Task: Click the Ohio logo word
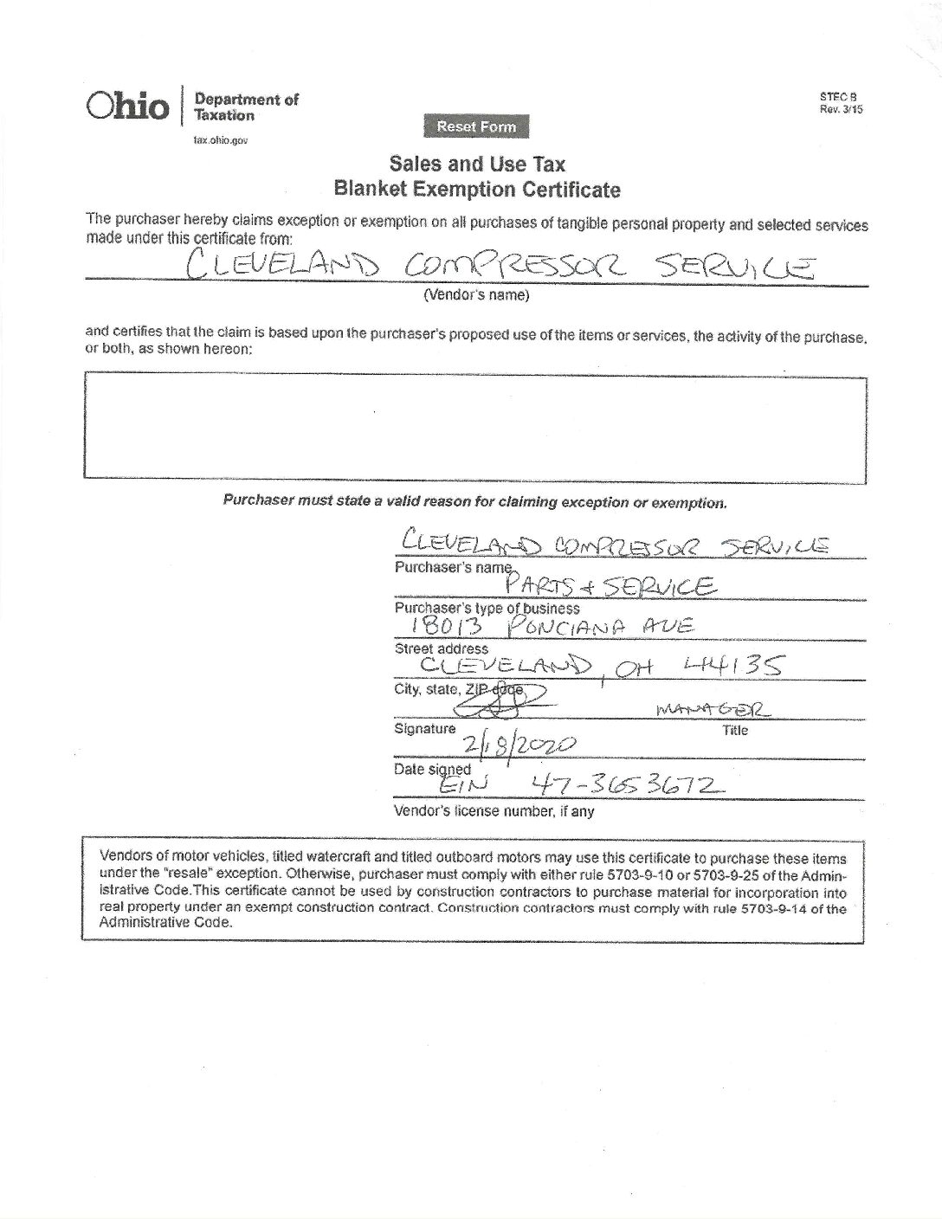[x=126, y=106]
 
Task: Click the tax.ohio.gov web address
[x=221, y=140]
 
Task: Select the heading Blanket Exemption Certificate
[x=477, y=189]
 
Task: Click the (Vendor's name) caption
[x=475, y=295]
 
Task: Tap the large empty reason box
[x=474, y=426]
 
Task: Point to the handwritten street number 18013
[x=433, y=628]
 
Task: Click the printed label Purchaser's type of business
[x=487, y=608]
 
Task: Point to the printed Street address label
[x=441, y=648]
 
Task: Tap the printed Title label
[x=734, y=730]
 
